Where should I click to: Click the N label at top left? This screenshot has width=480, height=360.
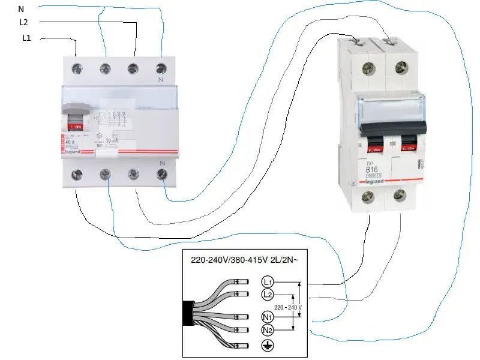coord(22,8)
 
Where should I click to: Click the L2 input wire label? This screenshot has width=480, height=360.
coord(24,23)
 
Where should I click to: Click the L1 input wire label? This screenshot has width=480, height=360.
coord(26,39)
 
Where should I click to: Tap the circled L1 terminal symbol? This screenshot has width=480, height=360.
coord(268,281)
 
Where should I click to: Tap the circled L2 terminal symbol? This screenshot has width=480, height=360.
coord(268,294)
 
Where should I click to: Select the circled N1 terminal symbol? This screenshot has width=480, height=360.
coord(268,317)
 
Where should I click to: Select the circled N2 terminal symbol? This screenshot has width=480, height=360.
coord(268,330)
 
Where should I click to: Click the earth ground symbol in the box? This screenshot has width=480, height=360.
coord(268,346)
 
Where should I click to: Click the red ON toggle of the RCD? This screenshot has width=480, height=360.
coord(77,127)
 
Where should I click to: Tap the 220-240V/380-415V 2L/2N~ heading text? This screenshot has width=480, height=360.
coord(247,261)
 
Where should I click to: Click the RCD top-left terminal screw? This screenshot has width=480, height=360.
coord(77,68)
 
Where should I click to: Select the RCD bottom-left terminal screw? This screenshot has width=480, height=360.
coord(77,175)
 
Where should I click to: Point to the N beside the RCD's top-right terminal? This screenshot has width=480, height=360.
coord(160,79)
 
